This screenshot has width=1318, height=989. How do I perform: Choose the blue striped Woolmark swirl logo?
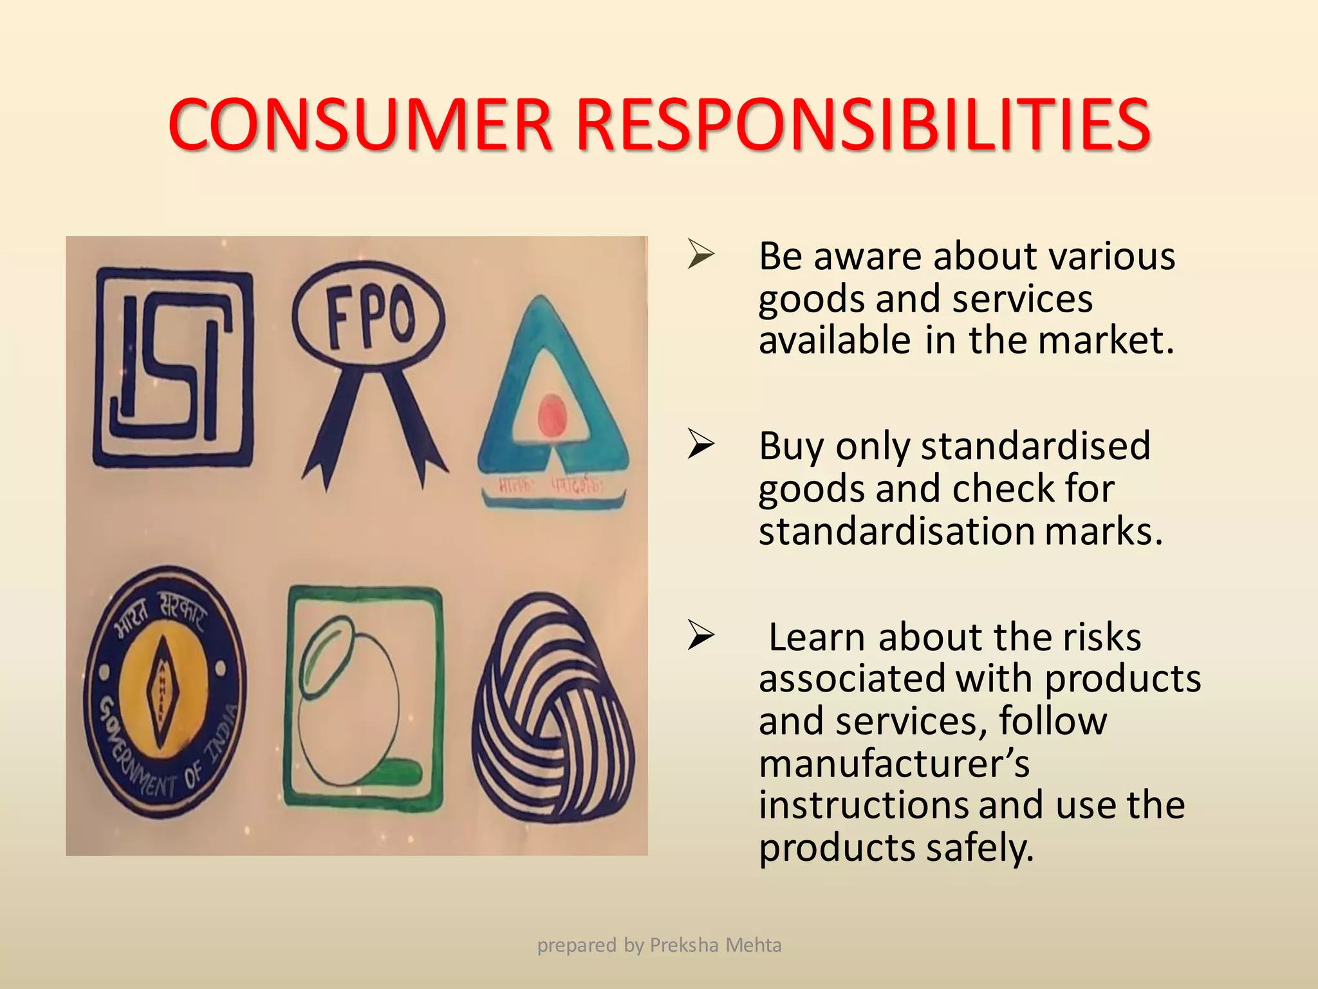tap(553, 708)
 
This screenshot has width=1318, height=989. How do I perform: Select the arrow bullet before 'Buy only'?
tap(701, 444)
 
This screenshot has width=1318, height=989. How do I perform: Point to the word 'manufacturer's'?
tap(894, 764)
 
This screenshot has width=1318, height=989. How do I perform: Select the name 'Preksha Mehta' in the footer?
tap(716, 945)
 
